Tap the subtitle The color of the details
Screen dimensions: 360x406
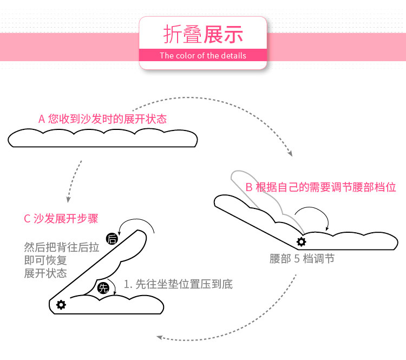203,56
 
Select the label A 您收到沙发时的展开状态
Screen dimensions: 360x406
102,119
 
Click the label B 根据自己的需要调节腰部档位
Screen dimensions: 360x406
320,187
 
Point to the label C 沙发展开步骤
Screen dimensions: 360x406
61,219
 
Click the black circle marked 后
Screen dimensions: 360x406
113,239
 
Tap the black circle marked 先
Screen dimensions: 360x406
103,288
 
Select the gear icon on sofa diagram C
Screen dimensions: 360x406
61,305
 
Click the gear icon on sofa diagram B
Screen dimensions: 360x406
301,241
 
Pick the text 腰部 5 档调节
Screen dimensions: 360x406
302,259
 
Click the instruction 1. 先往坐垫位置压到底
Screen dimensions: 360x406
179,284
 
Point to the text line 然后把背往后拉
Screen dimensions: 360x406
62,247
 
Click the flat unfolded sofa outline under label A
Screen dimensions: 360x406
102,139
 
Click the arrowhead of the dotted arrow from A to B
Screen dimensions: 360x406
290,154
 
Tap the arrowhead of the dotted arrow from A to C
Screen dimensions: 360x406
69,197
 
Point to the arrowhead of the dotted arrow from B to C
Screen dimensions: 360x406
160,337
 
